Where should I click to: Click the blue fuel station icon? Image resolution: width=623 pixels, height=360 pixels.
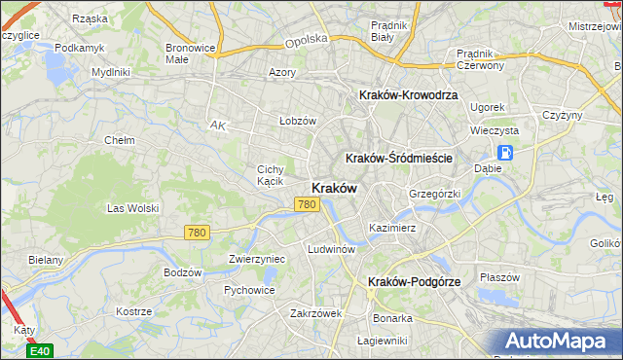click(505, 152)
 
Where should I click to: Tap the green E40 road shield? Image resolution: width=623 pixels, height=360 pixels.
click(40, 350)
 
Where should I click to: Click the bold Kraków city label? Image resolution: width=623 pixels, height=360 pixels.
click(334, 188)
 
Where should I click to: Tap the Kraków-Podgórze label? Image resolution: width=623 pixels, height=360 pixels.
click(415, 281)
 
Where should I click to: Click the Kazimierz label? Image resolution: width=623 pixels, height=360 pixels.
click(392, 228)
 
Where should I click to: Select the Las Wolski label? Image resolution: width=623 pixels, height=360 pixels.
click(131, 207)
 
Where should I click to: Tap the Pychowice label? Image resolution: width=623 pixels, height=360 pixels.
click(249, 289)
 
